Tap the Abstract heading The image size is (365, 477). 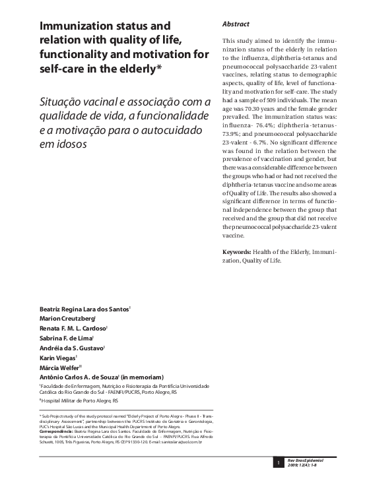236,23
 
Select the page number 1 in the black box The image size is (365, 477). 279,464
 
